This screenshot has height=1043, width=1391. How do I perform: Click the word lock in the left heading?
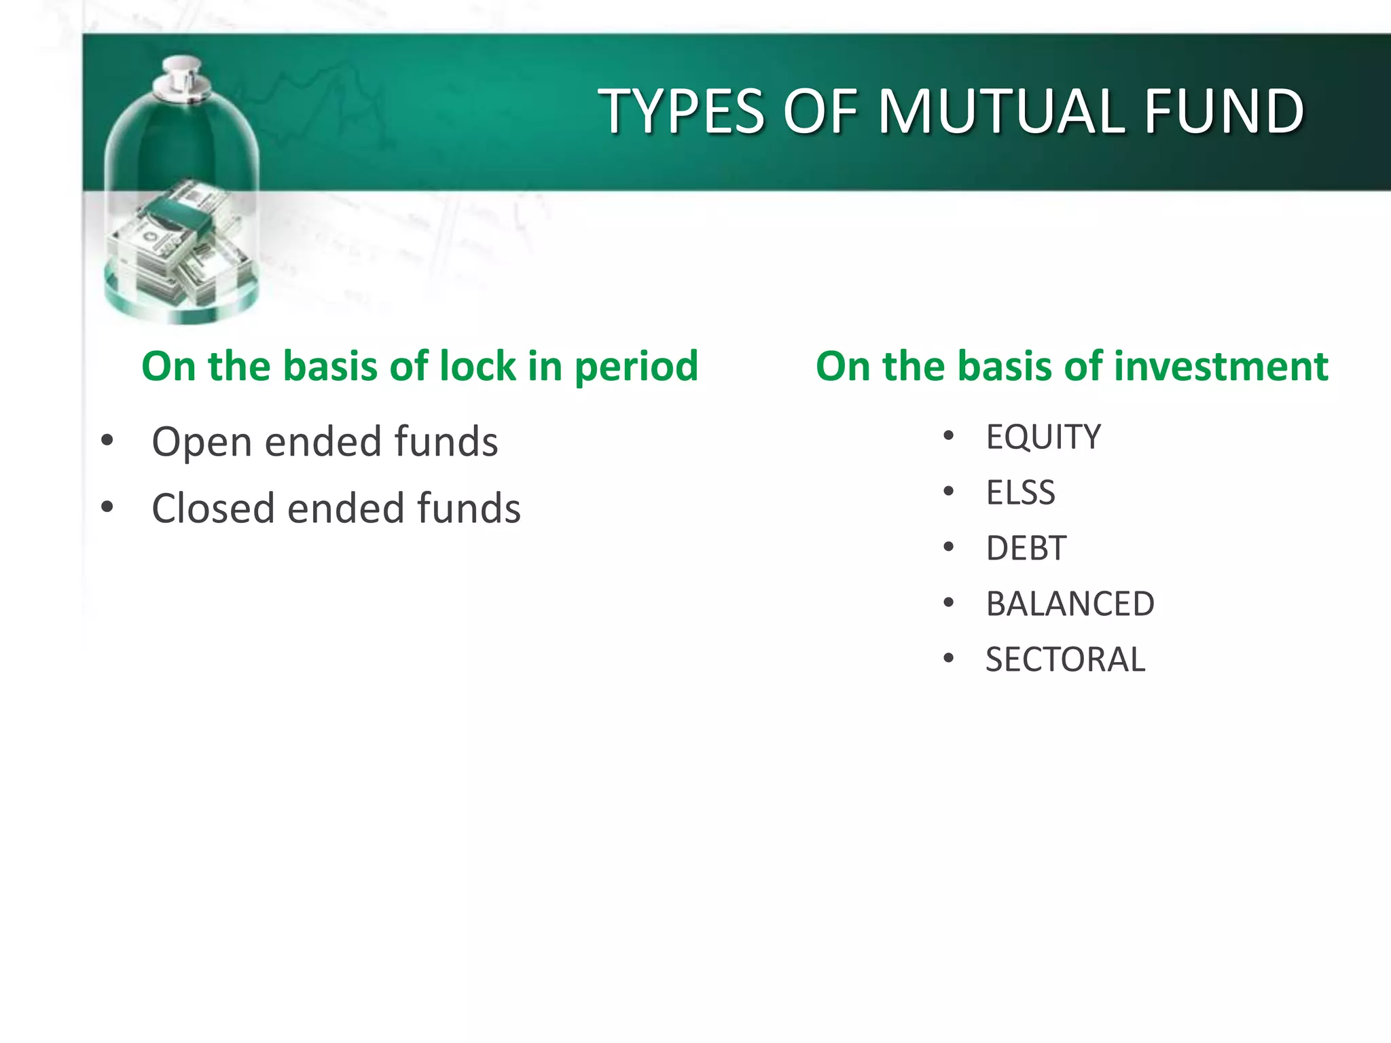point(477,366)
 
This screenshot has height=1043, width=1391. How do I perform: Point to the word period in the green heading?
point(636,367)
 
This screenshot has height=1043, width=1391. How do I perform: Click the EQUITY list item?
point(1043,437)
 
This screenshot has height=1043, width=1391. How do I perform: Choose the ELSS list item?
point(1020,492)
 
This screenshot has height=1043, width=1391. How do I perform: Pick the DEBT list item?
point(1026,548)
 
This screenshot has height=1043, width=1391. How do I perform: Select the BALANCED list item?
point(1070,604)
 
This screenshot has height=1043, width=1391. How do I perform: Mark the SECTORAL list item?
point(1065,659)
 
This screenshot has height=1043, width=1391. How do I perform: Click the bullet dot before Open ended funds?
point(107,441)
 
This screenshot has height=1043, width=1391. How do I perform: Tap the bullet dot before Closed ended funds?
point(107,507)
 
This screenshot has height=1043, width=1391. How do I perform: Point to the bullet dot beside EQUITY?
point(949,435)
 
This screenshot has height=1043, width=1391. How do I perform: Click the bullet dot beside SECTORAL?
point(949,658)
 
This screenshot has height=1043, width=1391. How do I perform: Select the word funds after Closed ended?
point(468,508)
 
